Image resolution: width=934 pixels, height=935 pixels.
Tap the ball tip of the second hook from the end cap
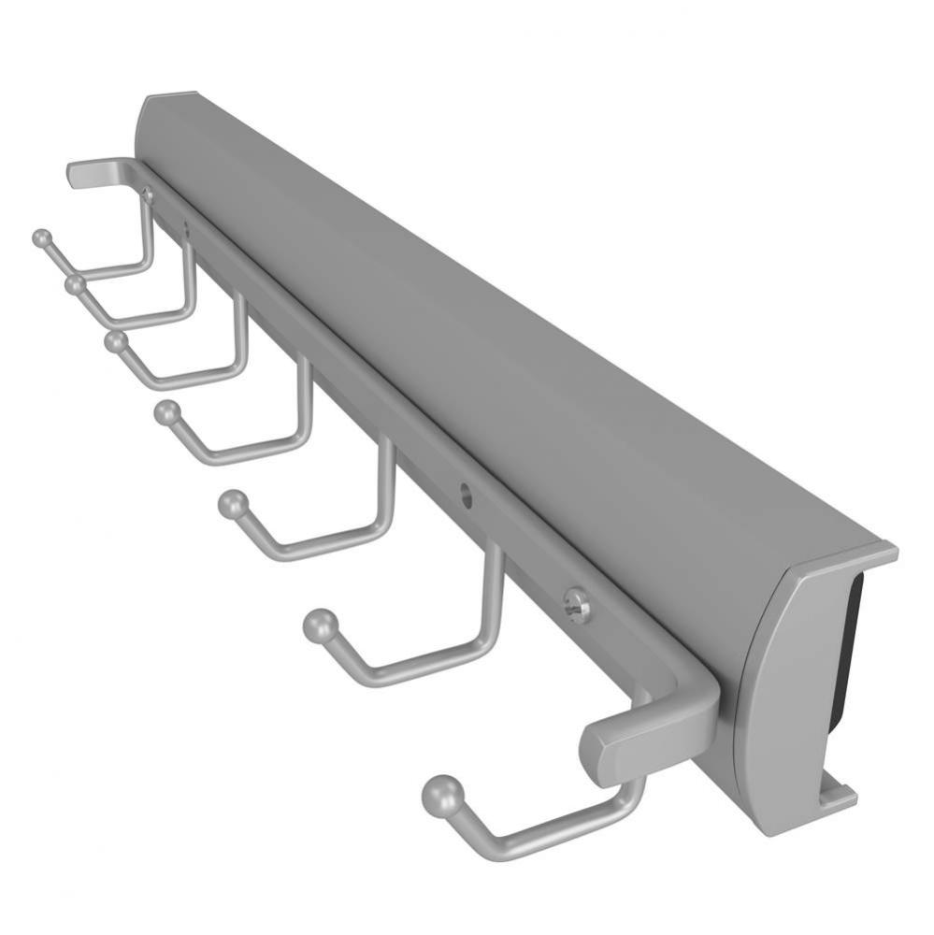coord(319,626)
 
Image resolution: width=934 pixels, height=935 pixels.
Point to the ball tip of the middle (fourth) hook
coord(167,411)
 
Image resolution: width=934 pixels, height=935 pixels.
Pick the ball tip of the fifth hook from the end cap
coord(115,341)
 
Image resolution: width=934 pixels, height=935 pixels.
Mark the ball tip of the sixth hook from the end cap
coord(75,283)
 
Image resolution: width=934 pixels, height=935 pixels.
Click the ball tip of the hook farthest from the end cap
coord(41,238)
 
